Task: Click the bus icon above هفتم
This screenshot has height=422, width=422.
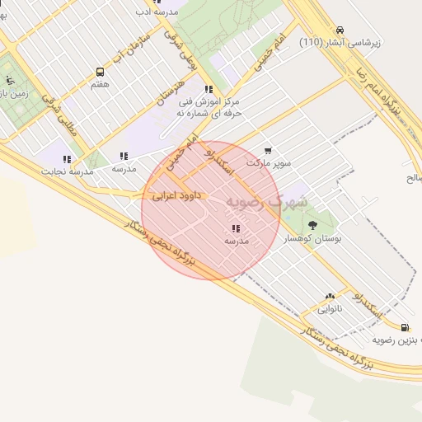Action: [x=101, y=72]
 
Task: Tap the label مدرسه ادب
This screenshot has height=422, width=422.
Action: [x=155, y=13]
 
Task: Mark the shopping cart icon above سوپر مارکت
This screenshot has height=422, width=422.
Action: [x=268, y=151]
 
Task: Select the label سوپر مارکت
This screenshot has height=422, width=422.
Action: [x=273, y=163]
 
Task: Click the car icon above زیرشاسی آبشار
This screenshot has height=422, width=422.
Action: [x=341, y=27]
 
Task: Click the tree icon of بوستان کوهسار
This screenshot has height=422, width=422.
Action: [x=312, y=225]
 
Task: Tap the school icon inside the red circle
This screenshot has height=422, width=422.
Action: [x=236, y=228]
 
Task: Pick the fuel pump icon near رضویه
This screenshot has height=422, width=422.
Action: [x=404, y=327]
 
